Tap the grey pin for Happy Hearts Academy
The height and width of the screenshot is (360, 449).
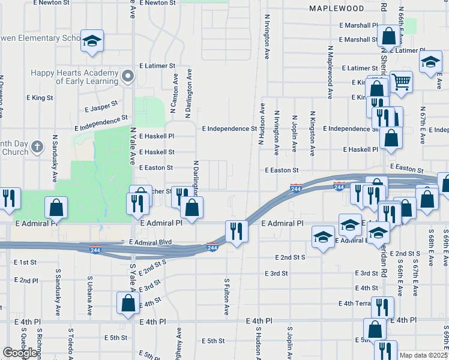pyautogui.click(x=127, y=76)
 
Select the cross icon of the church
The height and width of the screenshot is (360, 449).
pyautogui.click(x=37, y=146)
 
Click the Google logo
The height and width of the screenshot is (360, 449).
pyautogui.click(x=20, y=353)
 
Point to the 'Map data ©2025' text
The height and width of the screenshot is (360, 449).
pyautogui.click(x=423, y=355)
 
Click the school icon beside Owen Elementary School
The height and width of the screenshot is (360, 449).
pyautogui.click(x=92, y=40)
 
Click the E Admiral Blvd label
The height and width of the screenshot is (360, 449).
pyautogui.click(x=151, y=242)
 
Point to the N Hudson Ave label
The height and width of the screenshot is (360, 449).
pyautogui.click(x=262, y=124)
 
